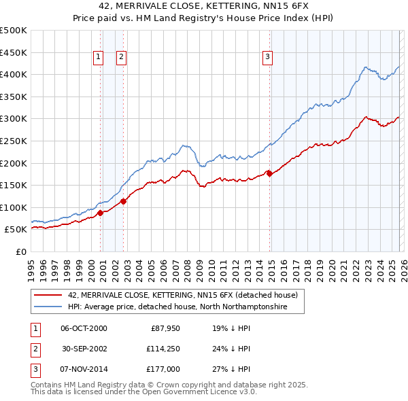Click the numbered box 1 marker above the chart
99,58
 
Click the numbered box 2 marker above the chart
121,58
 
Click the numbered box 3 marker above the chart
268,58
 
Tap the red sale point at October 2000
101,213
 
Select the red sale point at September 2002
124,201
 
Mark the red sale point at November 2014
270,173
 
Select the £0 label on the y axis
20,251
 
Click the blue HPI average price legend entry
177,307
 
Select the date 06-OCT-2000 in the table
84,328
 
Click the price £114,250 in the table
161,349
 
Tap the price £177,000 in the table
161,370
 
